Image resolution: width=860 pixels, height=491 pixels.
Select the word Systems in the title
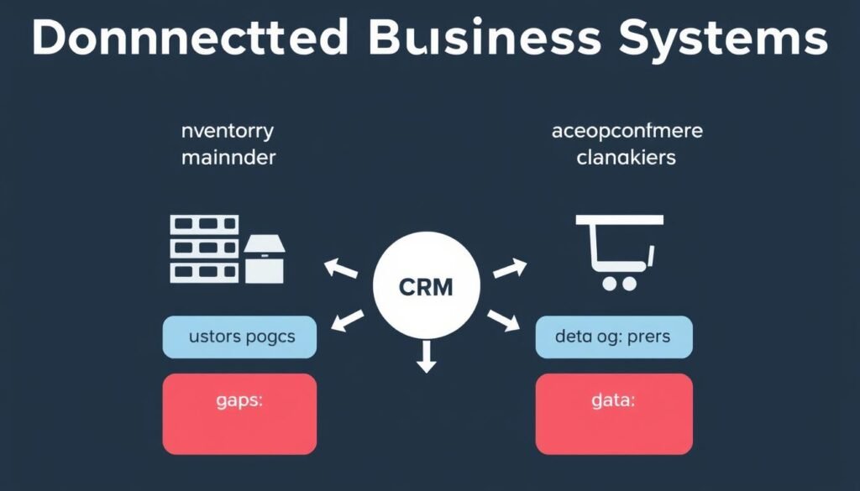point(722,39)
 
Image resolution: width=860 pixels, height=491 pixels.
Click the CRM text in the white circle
point(425,287)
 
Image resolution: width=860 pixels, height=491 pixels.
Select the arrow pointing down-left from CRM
point(349,320)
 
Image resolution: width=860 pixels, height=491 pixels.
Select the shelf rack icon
point(204,248)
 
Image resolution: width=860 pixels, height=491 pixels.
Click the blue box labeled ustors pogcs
point(239,337)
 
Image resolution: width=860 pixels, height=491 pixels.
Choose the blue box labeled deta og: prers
point(613,337)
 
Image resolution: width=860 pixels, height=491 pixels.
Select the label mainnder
point(228,157)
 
